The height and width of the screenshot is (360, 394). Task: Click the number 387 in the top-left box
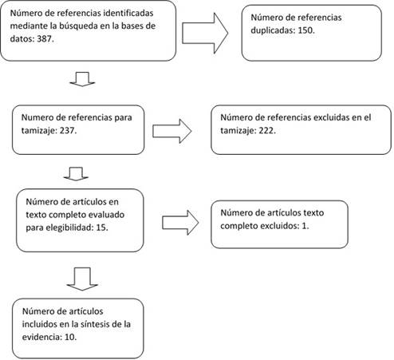tap(44, 39)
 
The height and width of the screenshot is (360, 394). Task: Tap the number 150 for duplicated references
tap(305, 30)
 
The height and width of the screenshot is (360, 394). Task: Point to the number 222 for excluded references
tap(266, 130)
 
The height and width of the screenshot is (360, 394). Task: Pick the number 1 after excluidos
tap(304, 226)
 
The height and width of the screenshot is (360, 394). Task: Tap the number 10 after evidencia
tap(69, 337)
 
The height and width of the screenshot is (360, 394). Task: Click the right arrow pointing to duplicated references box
tap(205, 34)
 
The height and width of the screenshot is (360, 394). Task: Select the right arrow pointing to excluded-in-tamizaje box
tap(171, 131)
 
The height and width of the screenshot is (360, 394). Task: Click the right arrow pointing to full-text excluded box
tap(180, 223)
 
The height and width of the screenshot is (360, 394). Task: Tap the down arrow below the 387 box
tap(82, 79)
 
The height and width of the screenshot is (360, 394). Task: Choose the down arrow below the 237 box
tap(76, 174)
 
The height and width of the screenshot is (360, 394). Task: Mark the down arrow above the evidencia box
tap(82, 279)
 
